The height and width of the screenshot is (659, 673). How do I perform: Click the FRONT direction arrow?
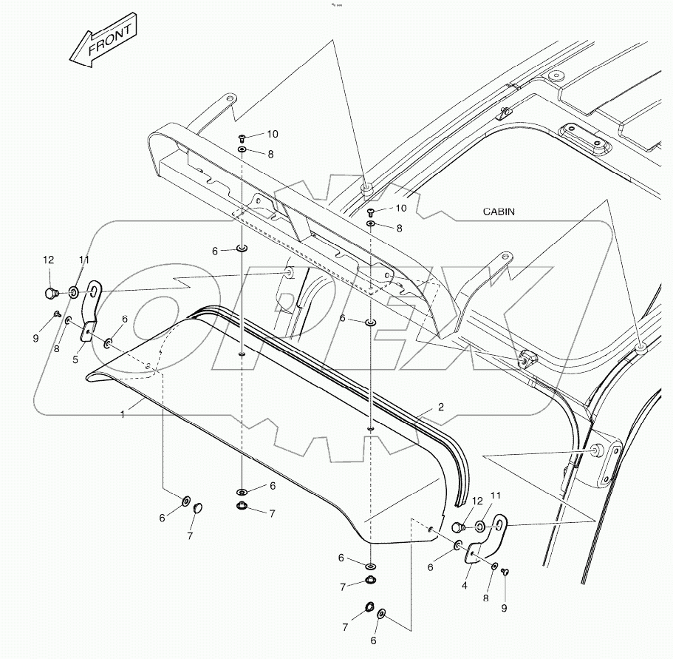click(103, 42)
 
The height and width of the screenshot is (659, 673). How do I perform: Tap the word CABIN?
click(499, 212)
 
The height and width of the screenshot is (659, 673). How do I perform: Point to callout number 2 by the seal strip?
click(440, 408)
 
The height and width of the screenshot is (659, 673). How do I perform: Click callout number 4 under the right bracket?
click(465, 585)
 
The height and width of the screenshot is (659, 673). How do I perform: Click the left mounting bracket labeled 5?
click(92, 310)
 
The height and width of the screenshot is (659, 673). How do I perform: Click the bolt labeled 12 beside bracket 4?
click(458, 527)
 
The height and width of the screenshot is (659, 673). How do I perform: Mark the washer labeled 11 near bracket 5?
click(75, 291)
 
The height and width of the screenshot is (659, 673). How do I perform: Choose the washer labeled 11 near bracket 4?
click(480, 527)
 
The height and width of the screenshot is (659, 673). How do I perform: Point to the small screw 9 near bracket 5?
click(57, 315)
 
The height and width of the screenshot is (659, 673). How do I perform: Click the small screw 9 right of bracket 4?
click(505, 571)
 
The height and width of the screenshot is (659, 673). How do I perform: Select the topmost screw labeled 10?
click(242, 138)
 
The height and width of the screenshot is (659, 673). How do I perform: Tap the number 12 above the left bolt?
click(48, 260)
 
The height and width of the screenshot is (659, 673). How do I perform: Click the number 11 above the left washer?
click(84, 260)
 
